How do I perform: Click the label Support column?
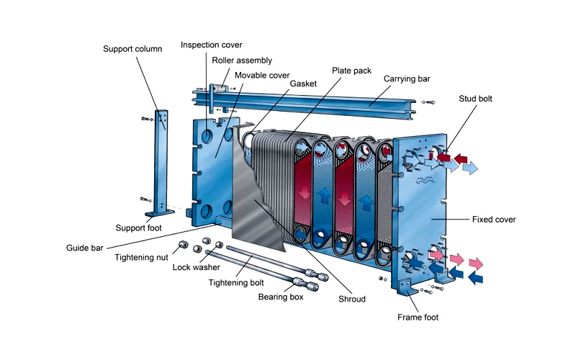(132, 49)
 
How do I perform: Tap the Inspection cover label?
(211, 45)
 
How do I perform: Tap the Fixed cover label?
(493, 218)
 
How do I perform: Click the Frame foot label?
(418, 317)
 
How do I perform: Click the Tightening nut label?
(142, 257)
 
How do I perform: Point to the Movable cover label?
(262, 74)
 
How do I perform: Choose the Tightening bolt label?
(234, 282)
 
